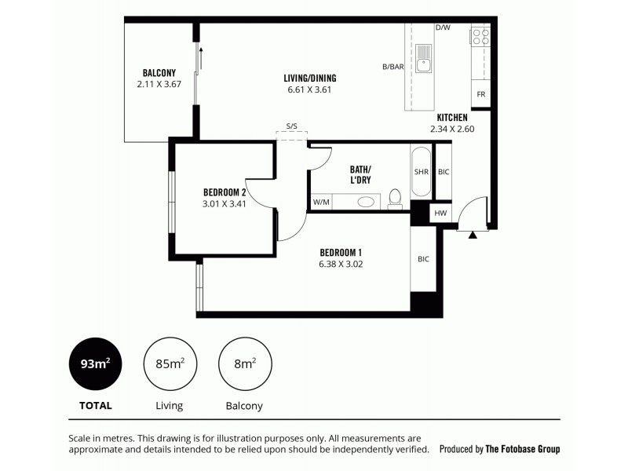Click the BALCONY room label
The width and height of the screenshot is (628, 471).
159,72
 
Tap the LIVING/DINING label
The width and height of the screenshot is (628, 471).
310,78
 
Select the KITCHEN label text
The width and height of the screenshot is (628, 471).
452,117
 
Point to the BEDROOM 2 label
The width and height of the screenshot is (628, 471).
225,192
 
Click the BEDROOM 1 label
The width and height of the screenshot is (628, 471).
341,252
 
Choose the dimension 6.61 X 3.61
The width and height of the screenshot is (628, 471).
310,89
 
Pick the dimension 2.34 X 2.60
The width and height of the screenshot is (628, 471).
452,129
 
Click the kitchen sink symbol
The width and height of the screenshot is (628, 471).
425,57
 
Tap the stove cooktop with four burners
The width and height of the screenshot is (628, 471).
480,36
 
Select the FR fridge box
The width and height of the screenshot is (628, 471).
480,95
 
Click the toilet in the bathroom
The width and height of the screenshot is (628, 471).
396,196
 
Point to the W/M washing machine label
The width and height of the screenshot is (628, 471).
321,203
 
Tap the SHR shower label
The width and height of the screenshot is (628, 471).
421,173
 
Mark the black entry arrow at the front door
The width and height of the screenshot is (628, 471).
473,234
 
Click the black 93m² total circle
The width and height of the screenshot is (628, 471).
95,363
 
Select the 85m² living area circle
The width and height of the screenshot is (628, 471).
169,363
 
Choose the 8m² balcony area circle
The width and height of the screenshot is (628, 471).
243,363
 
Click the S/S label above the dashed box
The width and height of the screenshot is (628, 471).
292,126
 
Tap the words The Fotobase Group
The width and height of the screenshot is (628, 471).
523,450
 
